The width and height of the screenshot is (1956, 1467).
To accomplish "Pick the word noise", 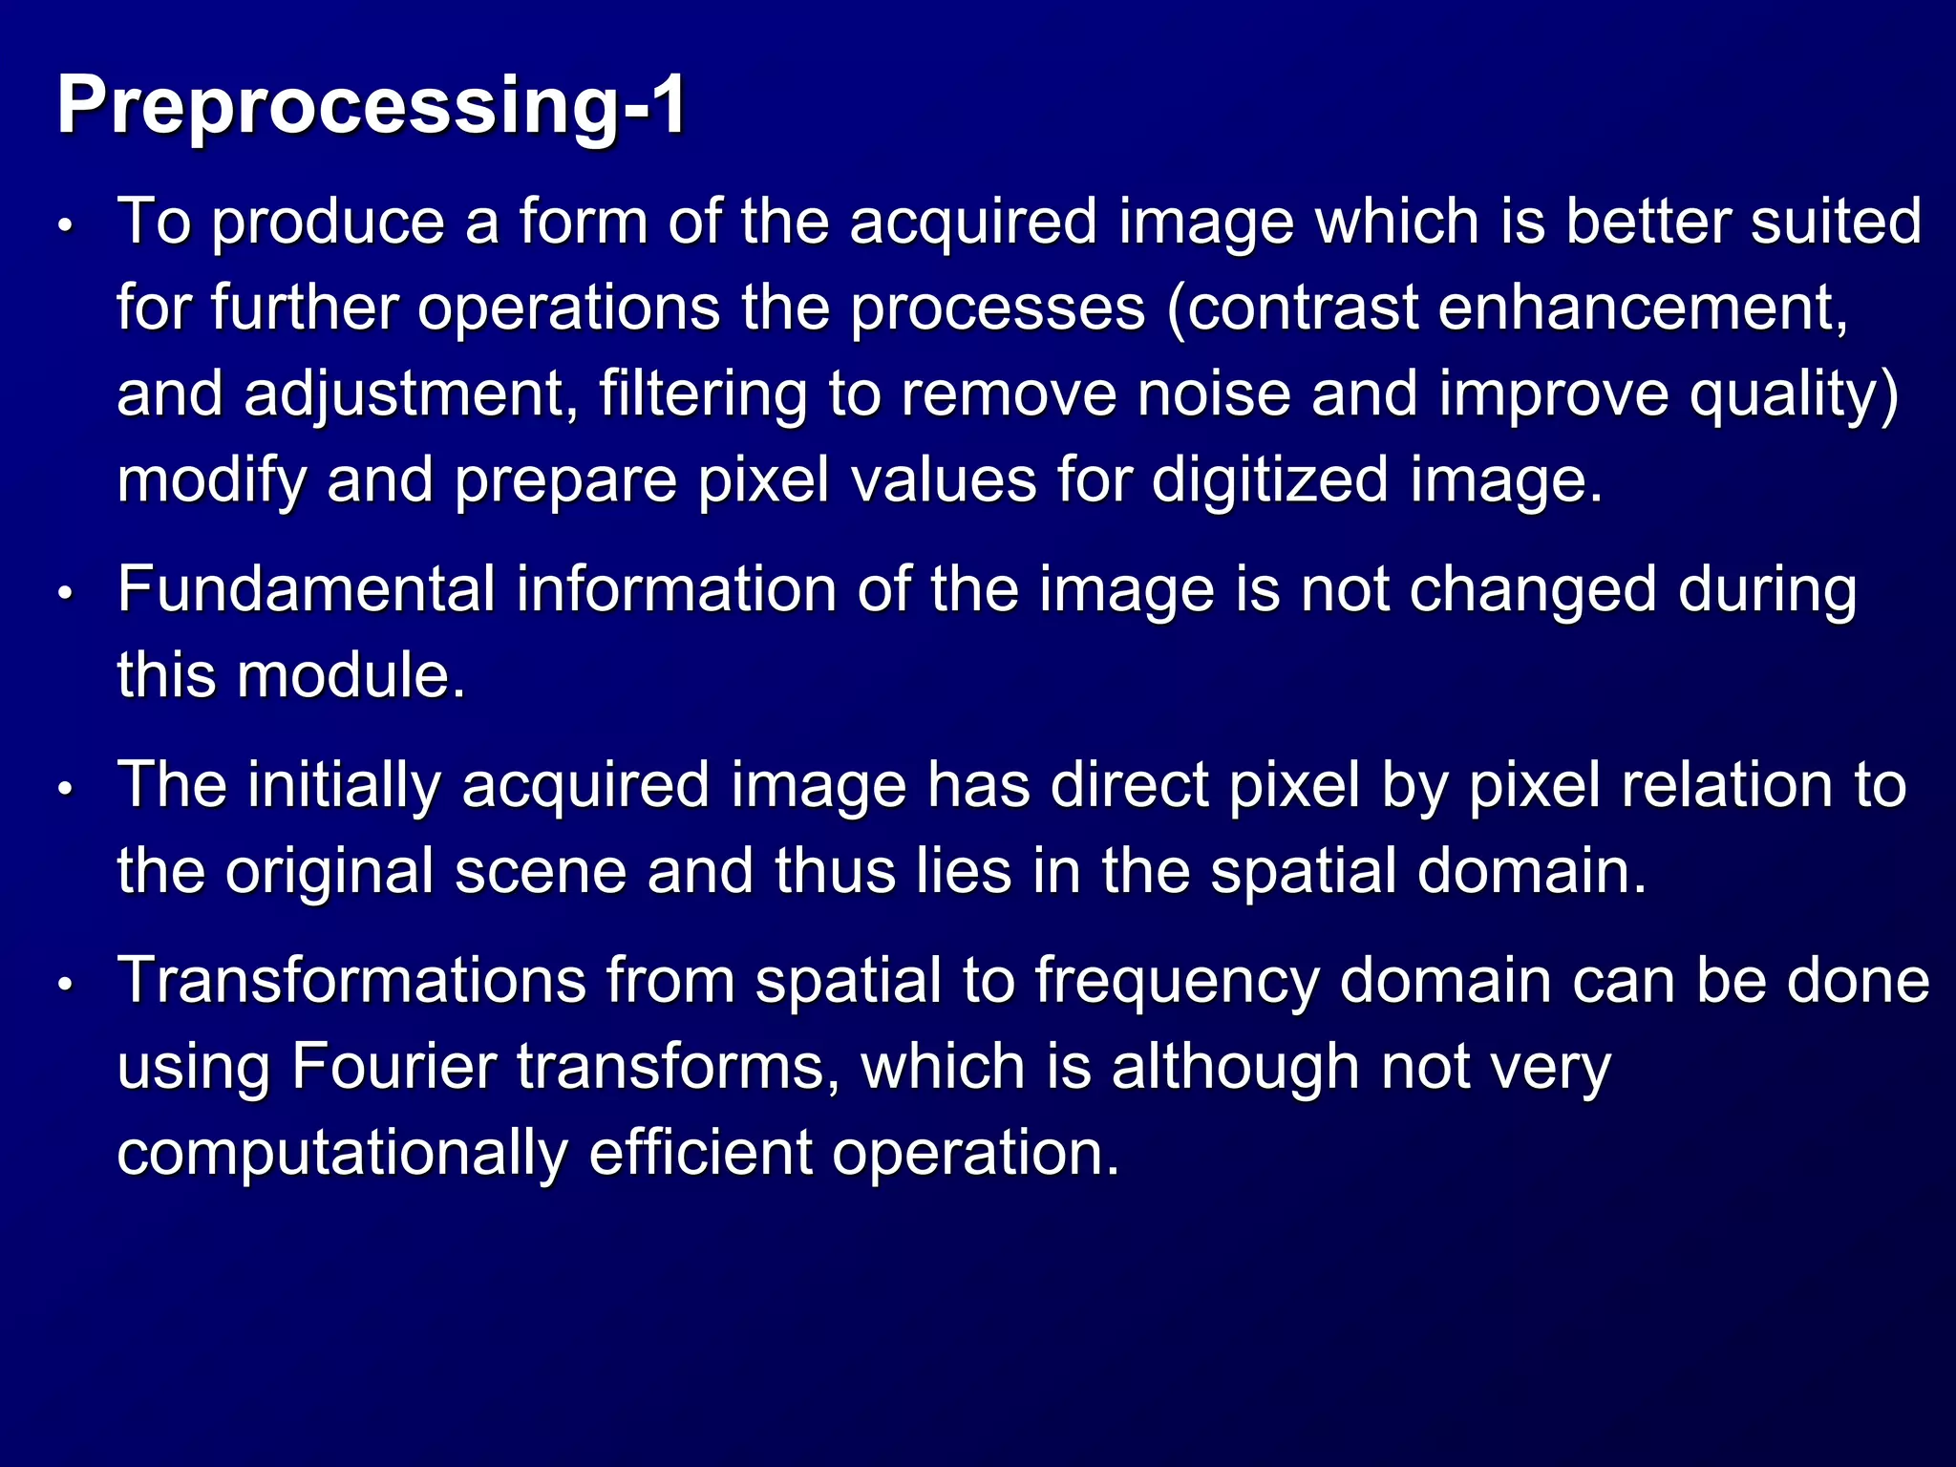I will (x=1214, y=394).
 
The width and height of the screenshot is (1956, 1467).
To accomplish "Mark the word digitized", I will (x=1269, y=480).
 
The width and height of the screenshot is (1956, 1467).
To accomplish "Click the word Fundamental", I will (x=307, y=589).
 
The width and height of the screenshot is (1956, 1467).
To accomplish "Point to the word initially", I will (x=345, y=785).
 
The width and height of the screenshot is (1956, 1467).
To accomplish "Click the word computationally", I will (x=342, y=1153).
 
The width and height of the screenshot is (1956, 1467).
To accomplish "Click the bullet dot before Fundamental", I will (x=65, y=594).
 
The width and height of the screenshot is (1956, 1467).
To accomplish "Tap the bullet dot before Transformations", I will (x=65, y=986).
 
